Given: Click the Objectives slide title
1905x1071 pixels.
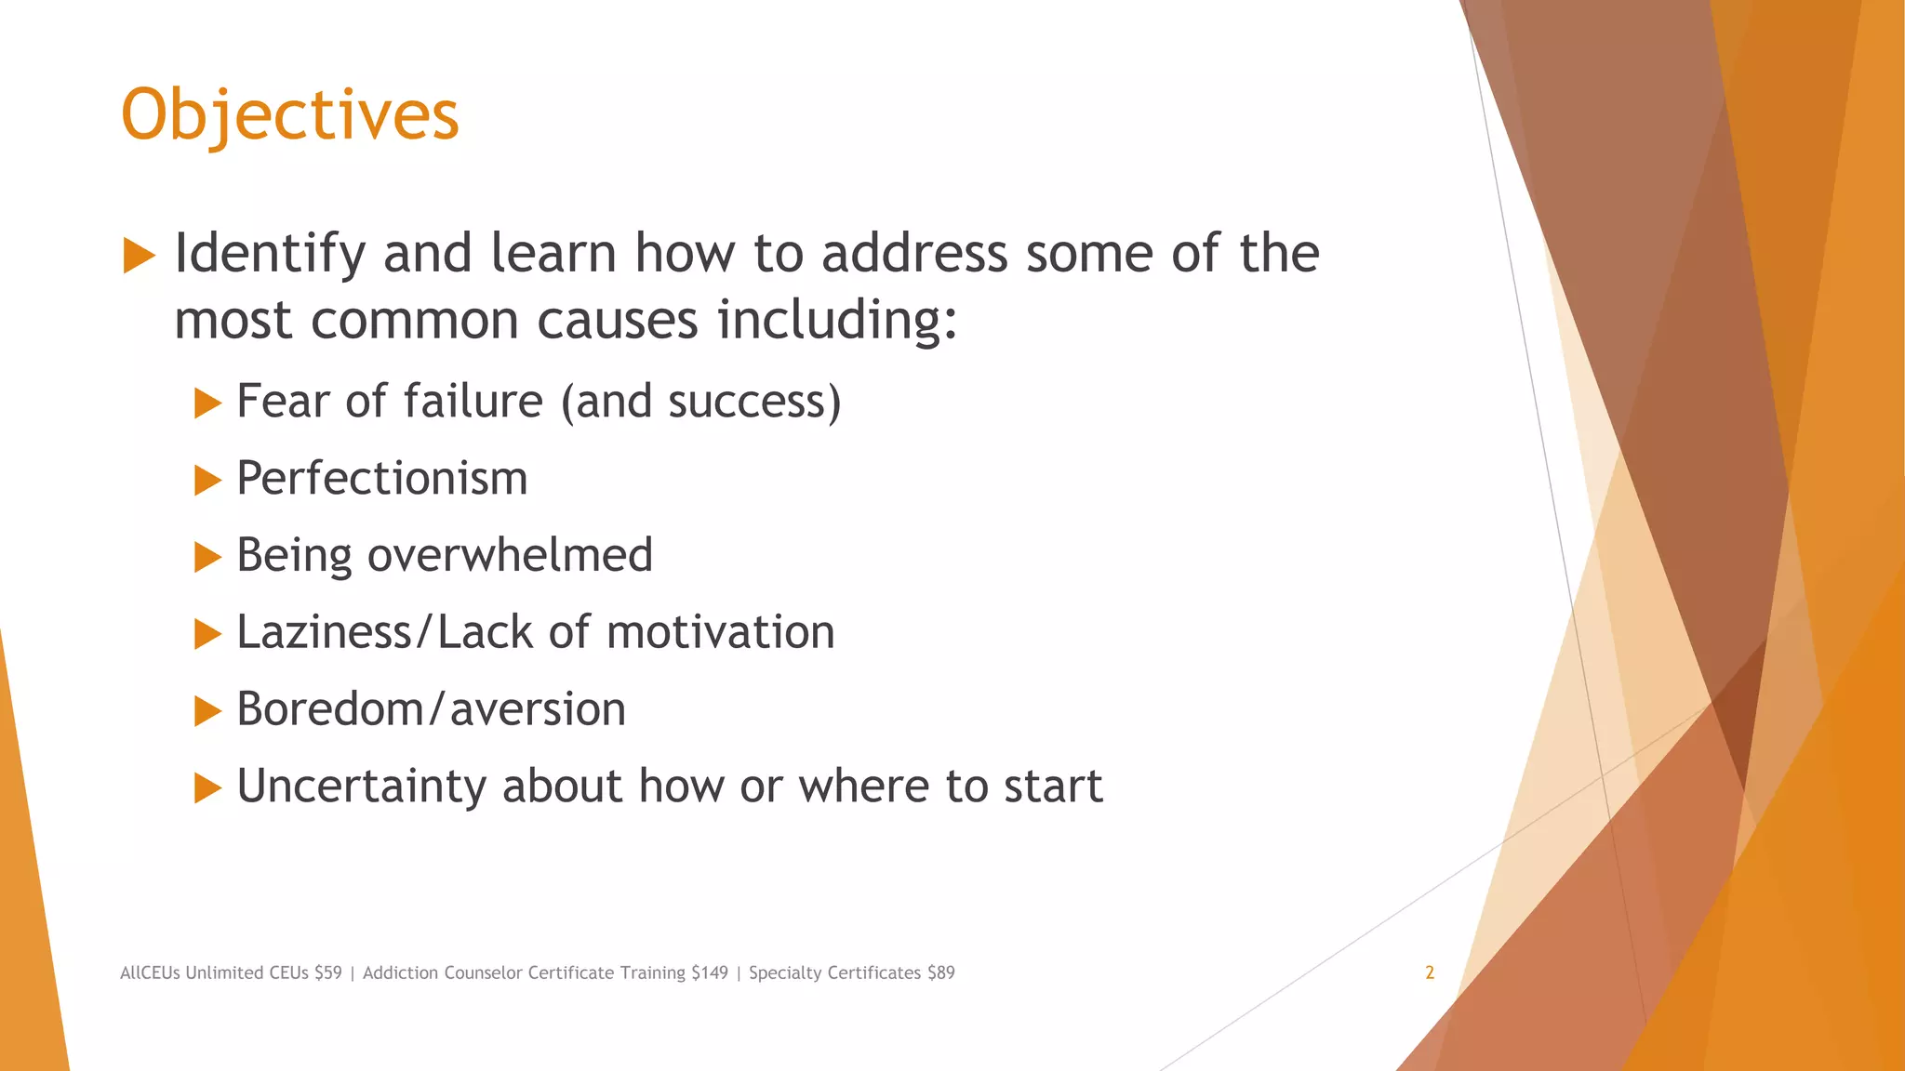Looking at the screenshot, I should tap(289, 115).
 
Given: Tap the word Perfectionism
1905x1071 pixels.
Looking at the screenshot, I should tap(381, 479).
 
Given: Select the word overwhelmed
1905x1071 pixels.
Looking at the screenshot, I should tap(510, 555).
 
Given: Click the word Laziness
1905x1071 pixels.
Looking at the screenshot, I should tap(324, 632).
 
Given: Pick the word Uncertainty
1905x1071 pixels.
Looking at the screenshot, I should tap(361, 787).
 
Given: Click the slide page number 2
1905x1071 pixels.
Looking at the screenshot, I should tap(1430, 973).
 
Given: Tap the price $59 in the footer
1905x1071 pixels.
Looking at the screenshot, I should tap(328, 973).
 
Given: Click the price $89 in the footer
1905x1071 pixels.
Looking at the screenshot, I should tap(941, 973).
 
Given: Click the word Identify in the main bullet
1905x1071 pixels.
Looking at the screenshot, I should tap(270, 254).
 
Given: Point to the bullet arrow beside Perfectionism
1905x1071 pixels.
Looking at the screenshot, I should tap(207, 481).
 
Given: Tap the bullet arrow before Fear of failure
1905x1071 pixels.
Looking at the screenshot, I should tap(207, 403).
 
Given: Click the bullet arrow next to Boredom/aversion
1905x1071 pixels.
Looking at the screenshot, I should tap(207, 711).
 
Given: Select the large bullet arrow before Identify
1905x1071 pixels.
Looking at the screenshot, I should tap(139, 256).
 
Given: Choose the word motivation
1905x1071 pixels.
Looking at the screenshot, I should tap(720, 632).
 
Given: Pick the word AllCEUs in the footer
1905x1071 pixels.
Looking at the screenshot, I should tap(150, 973).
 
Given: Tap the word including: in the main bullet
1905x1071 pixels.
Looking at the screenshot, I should tap(837, 321).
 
